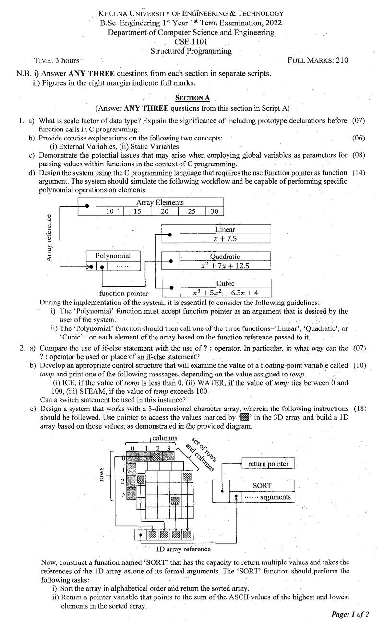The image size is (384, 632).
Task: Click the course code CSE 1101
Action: tap(191, 41)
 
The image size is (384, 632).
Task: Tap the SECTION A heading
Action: tap(192, 98)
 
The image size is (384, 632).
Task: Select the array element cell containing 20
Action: tap(164, 211)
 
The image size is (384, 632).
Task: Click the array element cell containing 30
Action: tap(214, 211)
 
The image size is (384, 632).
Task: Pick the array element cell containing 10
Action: tap(109, 211)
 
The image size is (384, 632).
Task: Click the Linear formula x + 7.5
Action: tap(225, 239)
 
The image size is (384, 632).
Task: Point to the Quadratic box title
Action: tap(225, 257)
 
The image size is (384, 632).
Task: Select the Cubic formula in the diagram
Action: tap(226, 293)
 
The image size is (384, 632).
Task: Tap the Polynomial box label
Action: tap(113, 256)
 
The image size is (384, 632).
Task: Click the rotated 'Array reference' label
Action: tap(49, 238)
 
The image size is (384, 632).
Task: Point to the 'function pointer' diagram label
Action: tap(124, 293)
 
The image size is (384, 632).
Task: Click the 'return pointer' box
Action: tap(268, 464)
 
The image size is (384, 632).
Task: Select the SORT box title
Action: tap(262, 486)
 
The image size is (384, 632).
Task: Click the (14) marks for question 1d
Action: tap(359, 173)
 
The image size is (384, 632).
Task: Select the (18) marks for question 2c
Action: tap(360, 409)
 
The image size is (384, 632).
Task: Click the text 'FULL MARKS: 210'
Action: tap(318, 60)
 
